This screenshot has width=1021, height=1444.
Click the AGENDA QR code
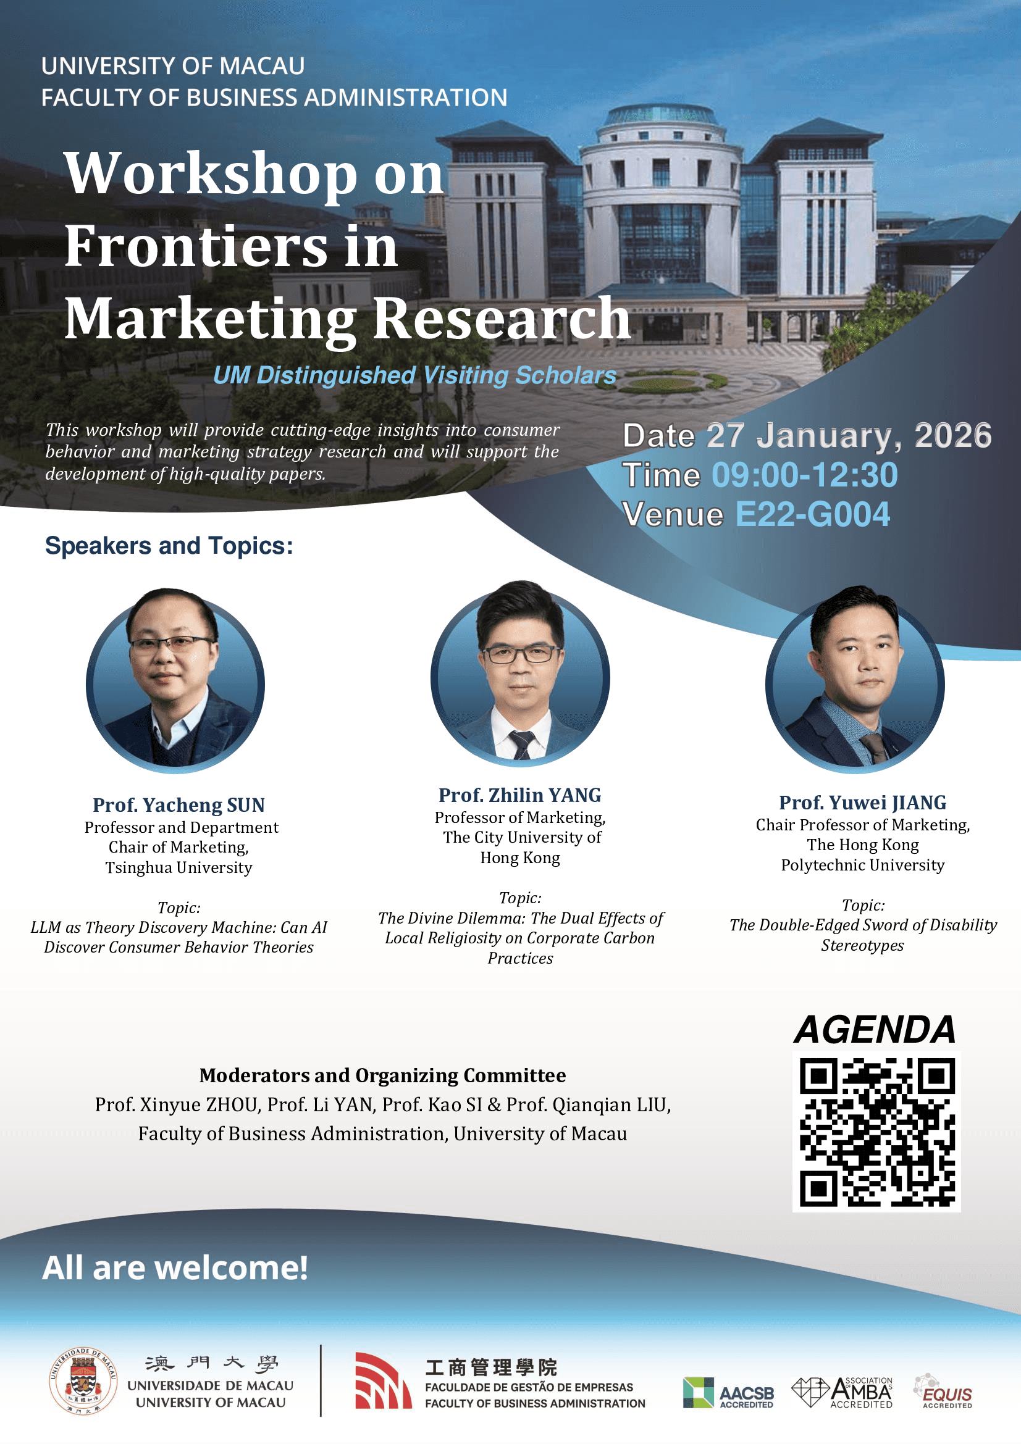click(876, 1132)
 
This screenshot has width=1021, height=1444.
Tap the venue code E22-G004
click(813, 514)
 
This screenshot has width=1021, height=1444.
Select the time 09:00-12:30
click(805, 475)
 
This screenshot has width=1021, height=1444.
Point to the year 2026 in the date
click(953, 435)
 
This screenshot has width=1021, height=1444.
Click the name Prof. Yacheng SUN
click(179, 805)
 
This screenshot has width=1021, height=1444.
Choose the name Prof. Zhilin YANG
click(520, 795)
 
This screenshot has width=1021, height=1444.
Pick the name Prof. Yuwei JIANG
click(862, 803)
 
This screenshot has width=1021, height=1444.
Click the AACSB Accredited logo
click(728, 1392)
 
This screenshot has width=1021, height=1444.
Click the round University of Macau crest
click(83, 1381)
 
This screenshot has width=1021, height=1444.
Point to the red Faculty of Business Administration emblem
click(383, 1380)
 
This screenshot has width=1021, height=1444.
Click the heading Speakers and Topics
click(169, 546)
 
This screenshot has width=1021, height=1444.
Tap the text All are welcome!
click(175, 1267)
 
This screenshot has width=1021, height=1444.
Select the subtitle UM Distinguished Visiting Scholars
click(414, 375)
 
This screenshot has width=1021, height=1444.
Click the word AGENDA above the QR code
click(875, 1030)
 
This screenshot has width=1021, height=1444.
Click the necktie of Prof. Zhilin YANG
click(521, 745)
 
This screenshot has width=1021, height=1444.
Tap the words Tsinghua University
click(179, 868)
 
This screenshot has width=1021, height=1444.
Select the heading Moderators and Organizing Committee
click(382, 1075)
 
